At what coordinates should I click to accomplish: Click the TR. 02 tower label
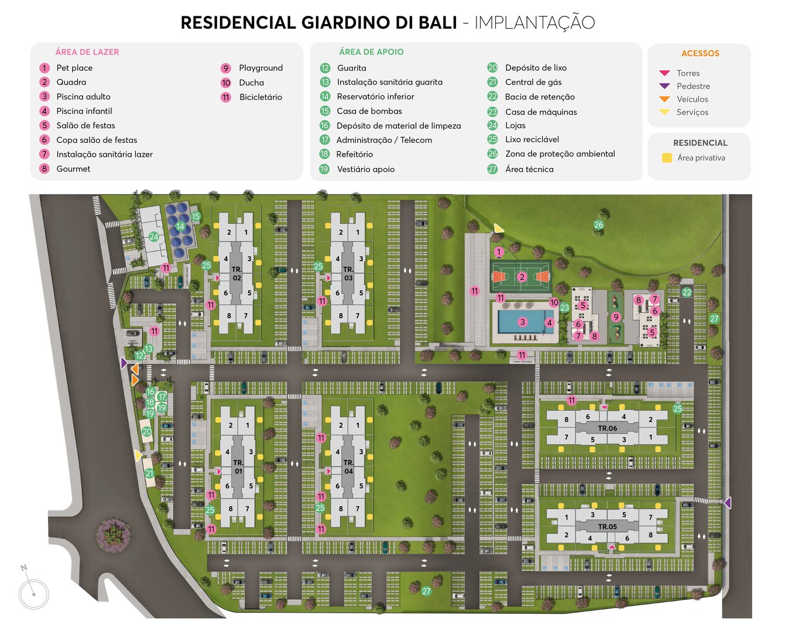coord(237,274)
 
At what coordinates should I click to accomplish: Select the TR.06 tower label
coord(607,428)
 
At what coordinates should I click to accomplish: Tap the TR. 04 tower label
coord(348,467)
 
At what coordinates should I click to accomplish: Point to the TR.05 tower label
coord(607,527)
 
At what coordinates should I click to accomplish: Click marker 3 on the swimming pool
coord(522,322)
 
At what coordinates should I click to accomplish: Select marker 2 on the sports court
coord(522,277)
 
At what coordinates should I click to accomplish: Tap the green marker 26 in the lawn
coord(598,225)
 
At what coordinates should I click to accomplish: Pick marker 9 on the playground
coord(615,317)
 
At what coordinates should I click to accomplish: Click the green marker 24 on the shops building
coord(153,237)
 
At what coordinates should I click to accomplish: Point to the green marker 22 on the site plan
coord(687,293)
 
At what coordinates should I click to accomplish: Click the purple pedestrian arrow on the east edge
coord(727,503)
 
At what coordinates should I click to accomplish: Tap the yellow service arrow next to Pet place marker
coord(498,228)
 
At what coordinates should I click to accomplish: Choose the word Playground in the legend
coord(261,68)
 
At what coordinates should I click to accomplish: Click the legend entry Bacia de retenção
coord(539,97)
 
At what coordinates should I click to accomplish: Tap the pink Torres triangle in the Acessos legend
coord(664,73)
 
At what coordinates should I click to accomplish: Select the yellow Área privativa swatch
coord(666,158)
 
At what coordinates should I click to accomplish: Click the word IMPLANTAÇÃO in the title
coord(534,23)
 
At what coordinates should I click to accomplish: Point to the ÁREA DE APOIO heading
coord(371,52)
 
